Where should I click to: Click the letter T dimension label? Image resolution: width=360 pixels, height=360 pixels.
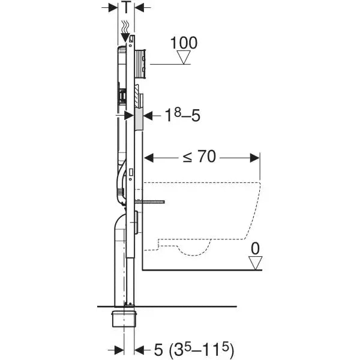[x=127, y=8]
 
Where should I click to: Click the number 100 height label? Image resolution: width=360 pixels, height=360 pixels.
[x=184, y=43]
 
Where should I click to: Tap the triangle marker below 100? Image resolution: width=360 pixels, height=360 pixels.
[x=184, y=58]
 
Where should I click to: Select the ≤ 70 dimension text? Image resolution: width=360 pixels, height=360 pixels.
[x=200, y=158]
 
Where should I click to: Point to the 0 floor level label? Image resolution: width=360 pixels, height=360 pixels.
[x=256, y=247]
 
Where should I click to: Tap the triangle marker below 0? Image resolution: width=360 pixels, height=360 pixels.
[x=256, y=262]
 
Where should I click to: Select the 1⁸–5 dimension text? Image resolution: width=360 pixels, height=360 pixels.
[x=181, y=115]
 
